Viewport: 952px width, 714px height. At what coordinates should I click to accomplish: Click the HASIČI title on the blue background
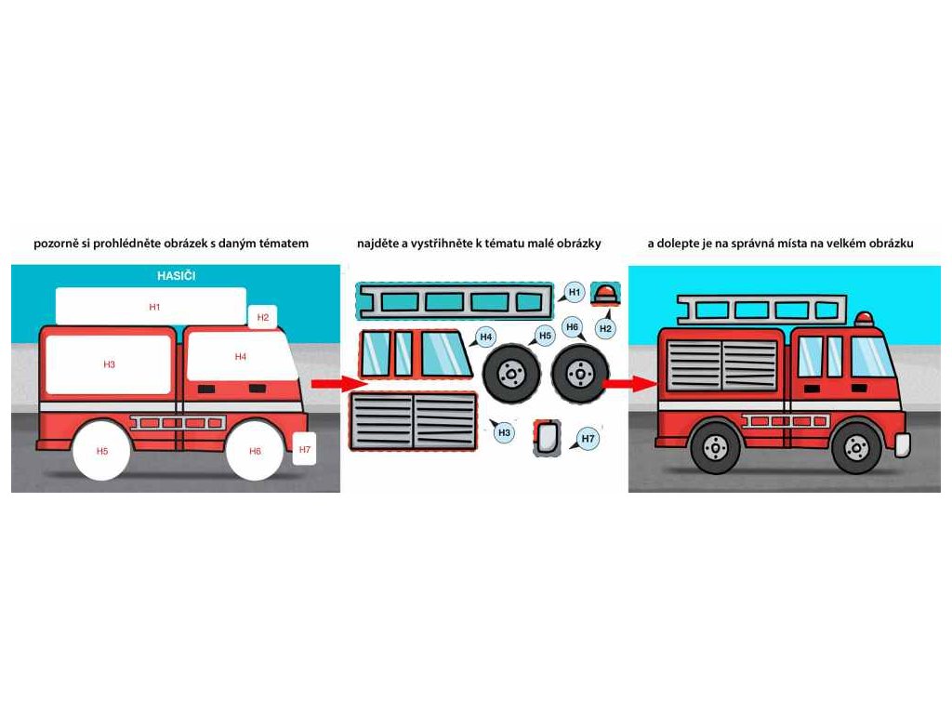click(x=177, y=276)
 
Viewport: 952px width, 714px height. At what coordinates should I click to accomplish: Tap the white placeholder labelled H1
click(x=152, y=306)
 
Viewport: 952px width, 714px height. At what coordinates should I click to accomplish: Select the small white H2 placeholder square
click(x=263, y=317)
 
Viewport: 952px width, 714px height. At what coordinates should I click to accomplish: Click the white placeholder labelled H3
click(x=109, y=364)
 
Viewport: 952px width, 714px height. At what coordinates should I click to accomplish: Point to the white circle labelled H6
click(x=255, y=451)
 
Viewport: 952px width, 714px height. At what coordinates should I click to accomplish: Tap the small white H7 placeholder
click(x=304, y=449)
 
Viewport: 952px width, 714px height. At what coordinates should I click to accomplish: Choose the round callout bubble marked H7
click(x=588, y=438)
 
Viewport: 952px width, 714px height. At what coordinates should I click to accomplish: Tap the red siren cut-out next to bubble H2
click(x=605, y=293)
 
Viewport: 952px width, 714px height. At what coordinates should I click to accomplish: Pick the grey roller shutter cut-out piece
click(x=413, y=421)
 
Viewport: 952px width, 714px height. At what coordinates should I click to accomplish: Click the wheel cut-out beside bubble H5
click(x=509, y=374)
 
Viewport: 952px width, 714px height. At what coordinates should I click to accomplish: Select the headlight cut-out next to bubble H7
click(x=547, y=437)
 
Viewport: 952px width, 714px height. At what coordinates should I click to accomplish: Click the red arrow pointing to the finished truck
click(x=617, y=382)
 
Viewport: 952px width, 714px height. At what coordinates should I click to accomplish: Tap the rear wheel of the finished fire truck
click(x=716, y=446)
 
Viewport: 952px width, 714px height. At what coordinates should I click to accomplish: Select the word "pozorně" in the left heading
click(x=55, y=244)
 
